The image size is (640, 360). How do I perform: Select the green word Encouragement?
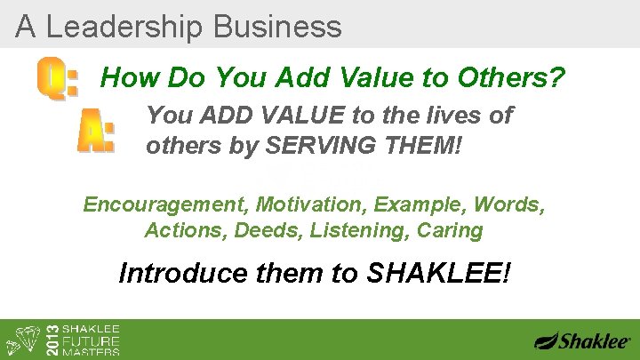pyautogui.click(x=165, y=204)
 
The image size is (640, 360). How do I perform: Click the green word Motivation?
pyautogui.click(x=311, y=204)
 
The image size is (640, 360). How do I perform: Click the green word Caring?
pyautogui.click(x=452, y=231)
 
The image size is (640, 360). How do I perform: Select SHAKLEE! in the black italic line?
pyautogui.click(x=438, y=272)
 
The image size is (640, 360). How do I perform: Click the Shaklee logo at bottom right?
pyautogui.click(x=582, y=340)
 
